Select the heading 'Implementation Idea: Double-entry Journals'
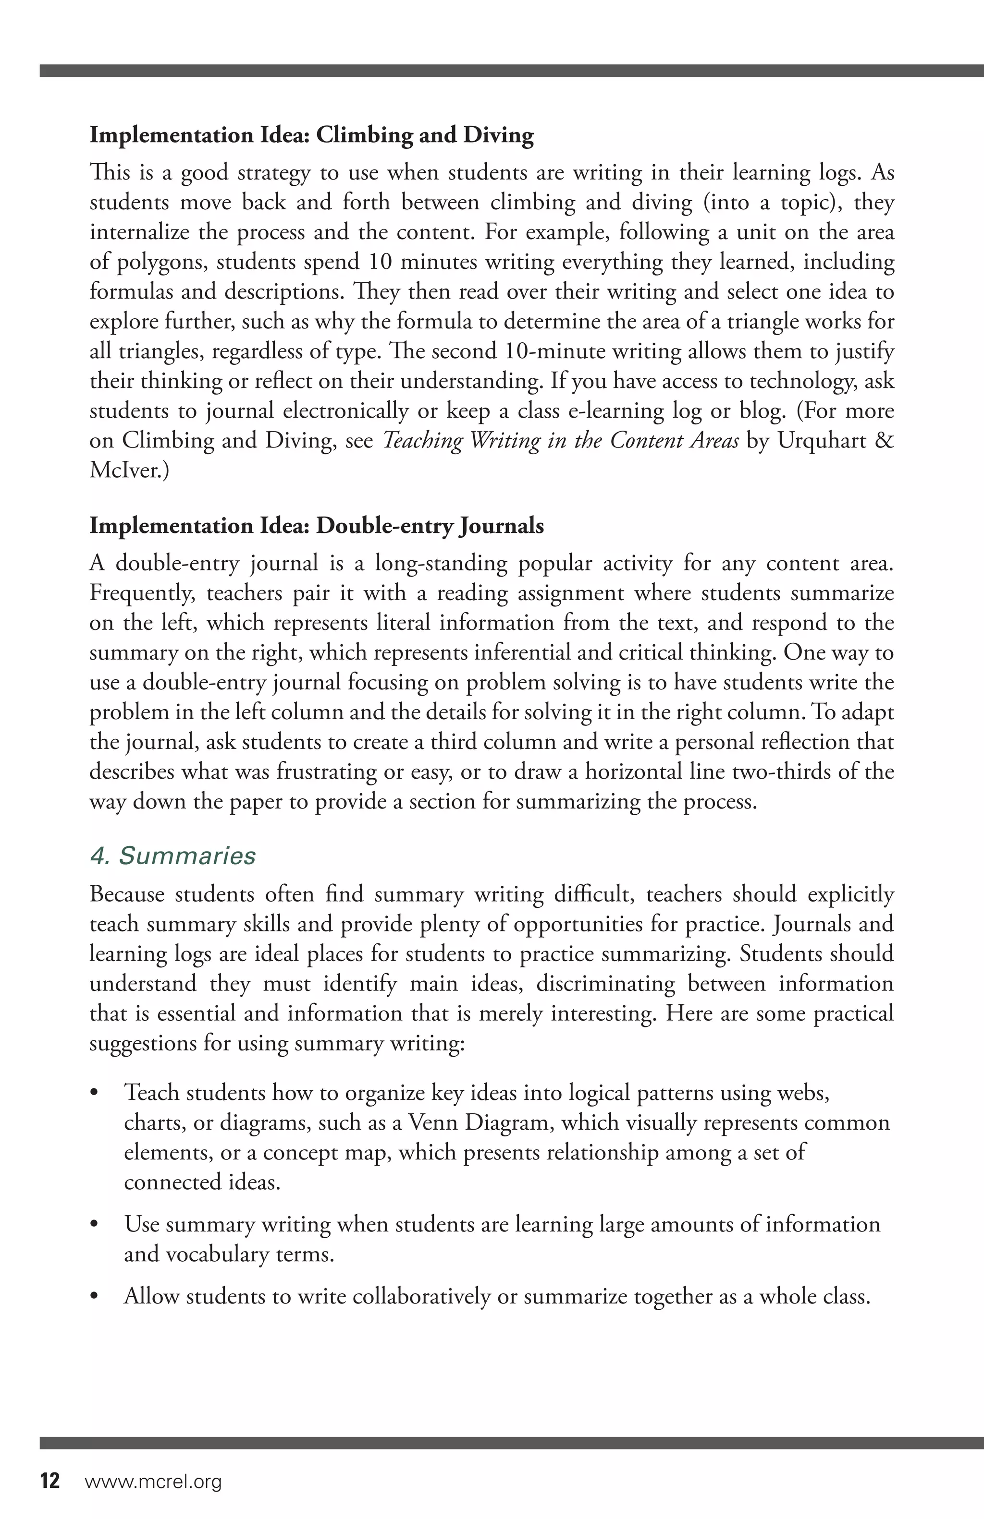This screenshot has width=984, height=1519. [316, 526]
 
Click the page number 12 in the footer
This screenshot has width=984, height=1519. [50, 1481]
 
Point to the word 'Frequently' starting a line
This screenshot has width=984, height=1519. [142, 593]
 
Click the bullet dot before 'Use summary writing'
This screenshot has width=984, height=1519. [95, 1224]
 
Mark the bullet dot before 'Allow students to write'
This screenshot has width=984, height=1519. [95, 1297]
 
